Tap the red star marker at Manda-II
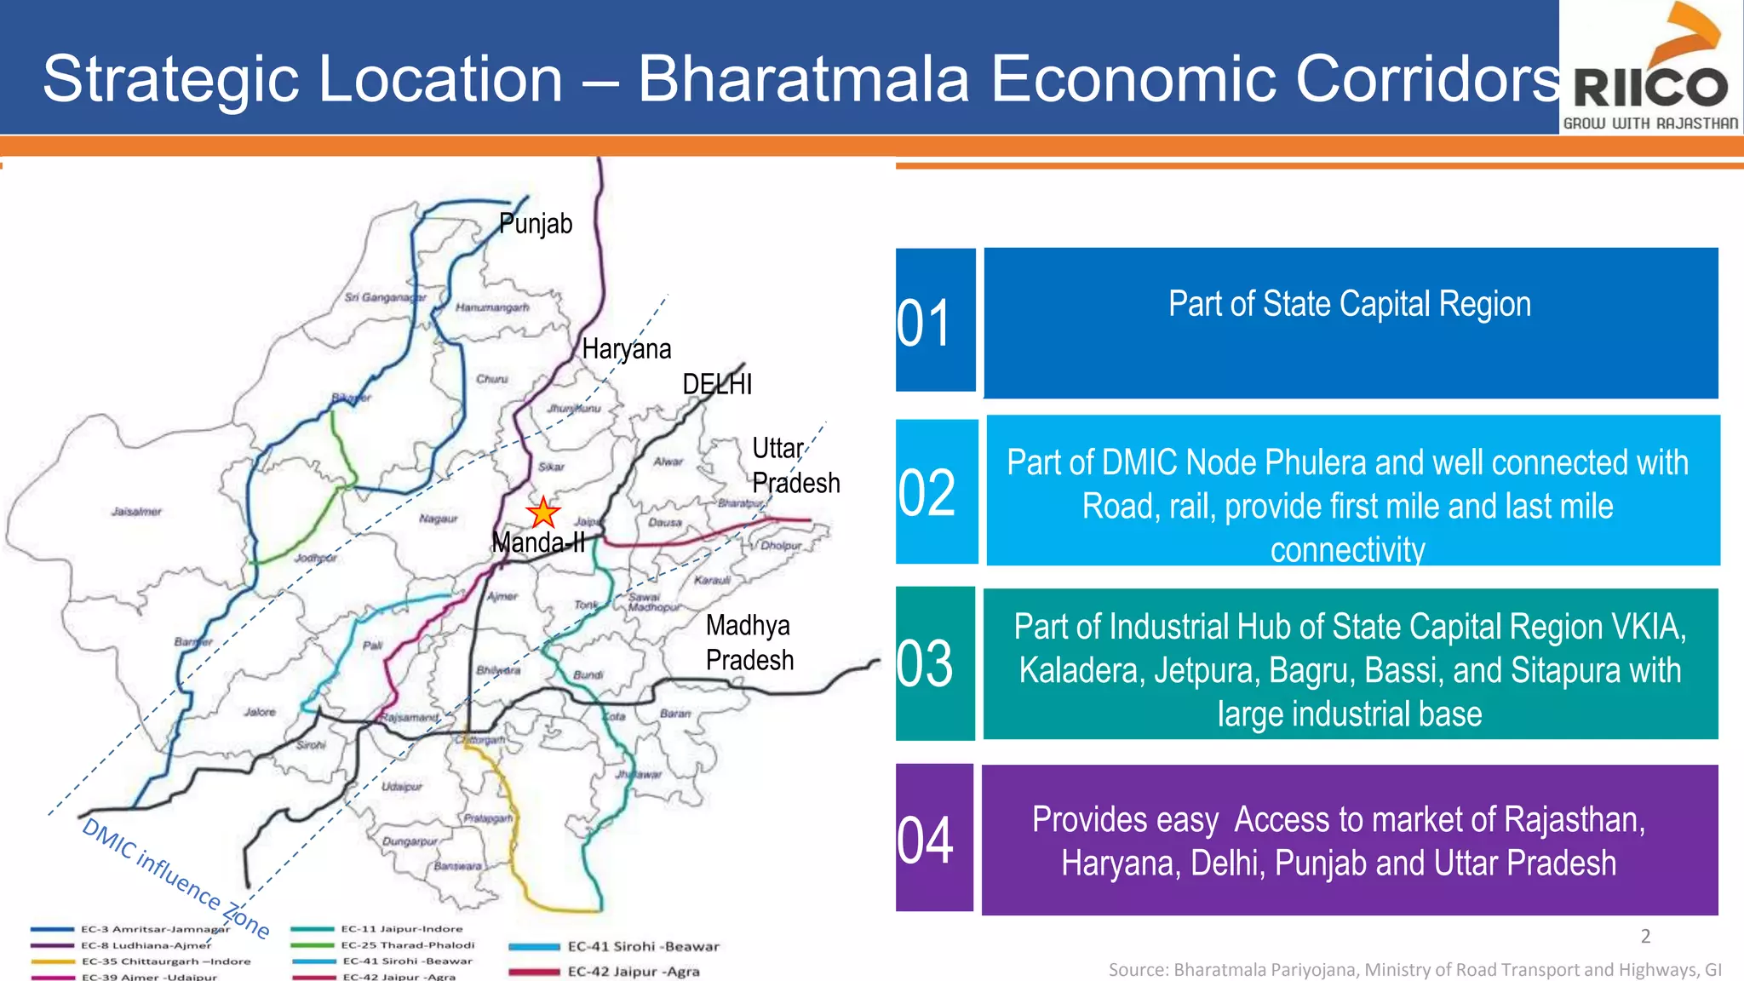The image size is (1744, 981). pyautogui.click(x=542, y=513)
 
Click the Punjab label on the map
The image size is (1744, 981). pyautogui.click(x=536, y=224)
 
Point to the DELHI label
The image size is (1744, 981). pyautogui.click(x=717, y=384)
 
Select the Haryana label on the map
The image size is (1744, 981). pyautogui.click(x=627, y=349)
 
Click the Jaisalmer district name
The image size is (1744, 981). pyautogui.click(x=136, y=512)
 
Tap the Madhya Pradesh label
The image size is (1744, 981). pyautogui.click(x=749, y=643)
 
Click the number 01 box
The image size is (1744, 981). pyautogui.click(x=935, y=321)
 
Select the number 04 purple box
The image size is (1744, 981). pyautogui.click(x=934, y=838)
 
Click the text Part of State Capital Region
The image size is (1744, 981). pyautogui.click(x=1350, y=304)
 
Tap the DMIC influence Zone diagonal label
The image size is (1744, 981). pyautogui.click(x=175, y=878)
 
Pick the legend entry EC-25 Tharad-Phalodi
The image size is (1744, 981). pyautogui.click(x=407, y=945)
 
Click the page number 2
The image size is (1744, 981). pyautogui.click(x=1645, y=937)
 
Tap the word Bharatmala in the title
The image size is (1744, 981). pyautogui.click(x=804, y=79)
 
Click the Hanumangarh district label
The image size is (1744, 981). pyautogui.click(x=492, y=307)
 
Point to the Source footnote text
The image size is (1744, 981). pyautogui.click(x=1414, y=970)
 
